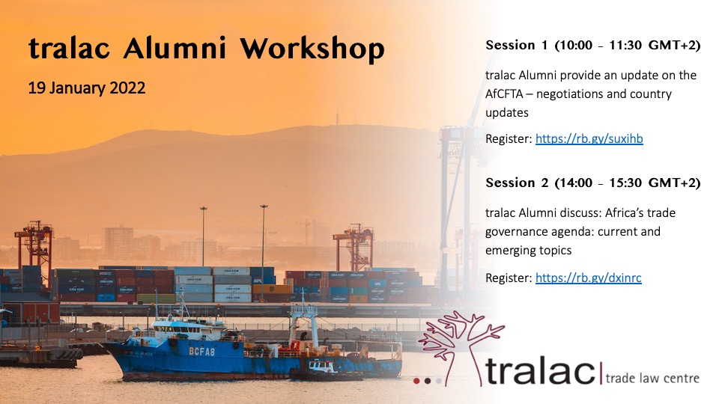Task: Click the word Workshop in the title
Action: pyautogui.click(x=312, y=49)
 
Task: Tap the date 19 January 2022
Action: pyautogui.click(x=87, y=88)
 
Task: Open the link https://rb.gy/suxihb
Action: pyautogui.click(x=589, y=138)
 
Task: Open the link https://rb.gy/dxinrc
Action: pyautogui.click(x=588, y=278)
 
